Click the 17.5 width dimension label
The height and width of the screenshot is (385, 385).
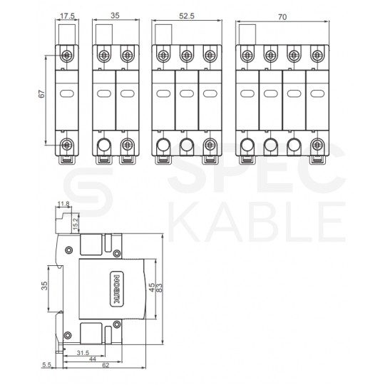pyautogui.click(x=67, y=16)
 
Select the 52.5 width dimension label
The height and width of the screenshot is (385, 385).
pyautogui.click(x=187, y=16)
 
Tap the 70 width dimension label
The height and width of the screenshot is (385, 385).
pyautogui.click(x=282, y=17)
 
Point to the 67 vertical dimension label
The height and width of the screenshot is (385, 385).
pyautogui.click(x=42, y=93)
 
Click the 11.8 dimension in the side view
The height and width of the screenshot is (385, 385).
pyautogui.click(x=63, y=204)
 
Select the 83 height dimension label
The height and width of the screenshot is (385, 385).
pyautogui.click(x=159, y=287)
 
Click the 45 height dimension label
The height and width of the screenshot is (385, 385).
pyautogui.click(x=153, y=287)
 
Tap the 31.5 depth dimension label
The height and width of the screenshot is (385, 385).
pyautogui.click(x=83, y=353)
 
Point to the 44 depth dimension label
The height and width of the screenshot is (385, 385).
pyautogui.click(x=92, y=359)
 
